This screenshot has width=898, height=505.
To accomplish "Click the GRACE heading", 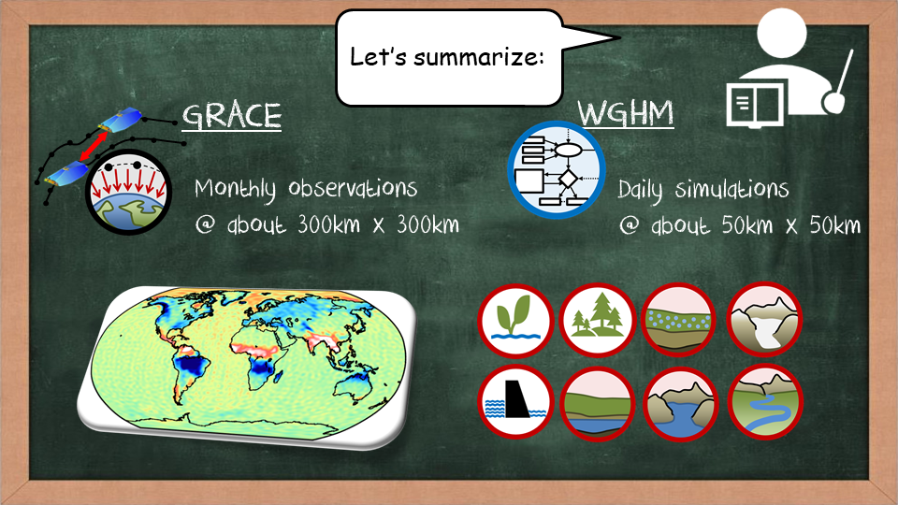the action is pos(232,116).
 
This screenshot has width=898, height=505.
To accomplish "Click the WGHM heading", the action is pos(626,113).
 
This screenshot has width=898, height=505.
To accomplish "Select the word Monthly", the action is pos(235,190).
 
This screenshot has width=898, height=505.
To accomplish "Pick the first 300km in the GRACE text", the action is pos(328,224).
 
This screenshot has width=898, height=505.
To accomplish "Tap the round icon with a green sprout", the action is pos(515,321).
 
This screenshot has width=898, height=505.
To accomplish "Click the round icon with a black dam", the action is pos(515,402).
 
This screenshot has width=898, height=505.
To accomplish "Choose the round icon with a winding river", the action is pos(765,402).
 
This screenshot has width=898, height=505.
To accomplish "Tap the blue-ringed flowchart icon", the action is pos(556,170).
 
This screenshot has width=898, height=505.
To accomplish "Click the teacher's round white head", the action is pos(781,32).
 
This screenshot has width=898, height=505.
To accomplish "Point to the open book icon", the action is pos(756,104).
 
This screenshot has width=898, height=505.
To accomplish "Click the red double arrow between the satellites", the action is pos(94,147).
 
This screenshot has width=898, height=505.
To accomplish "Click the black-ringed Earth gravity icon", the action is pos(128,192).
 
